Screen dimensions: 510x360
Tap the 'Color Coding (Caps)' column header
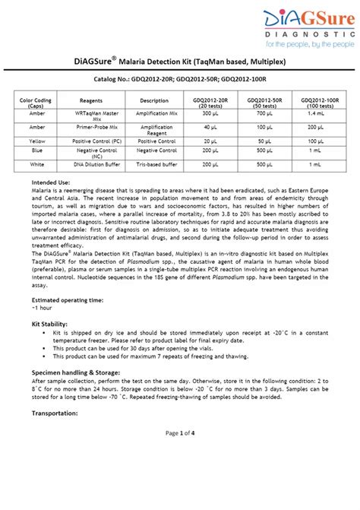pos(36,103)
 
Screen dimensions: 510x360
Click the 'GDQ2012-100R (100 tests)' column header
pos(319,103)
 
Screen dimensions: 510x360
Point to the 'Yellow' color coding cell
pos(36,141)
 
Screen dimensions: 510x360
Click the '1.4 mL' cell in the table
pos(319,112)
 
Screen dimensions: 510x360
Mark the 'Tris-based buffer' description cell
pos(154,164)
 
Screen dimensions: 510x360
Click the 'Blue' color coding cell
pos(36,152)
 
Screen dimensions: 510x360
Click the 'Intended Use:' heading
pos(52,183)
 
